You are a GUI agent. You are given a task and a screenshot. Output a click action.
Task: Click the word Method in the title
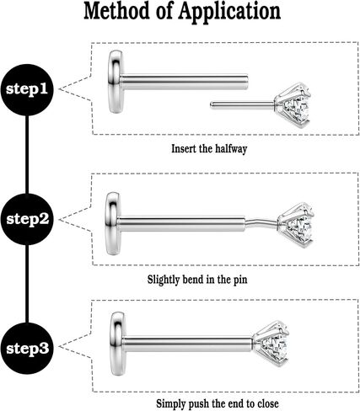[116, 11]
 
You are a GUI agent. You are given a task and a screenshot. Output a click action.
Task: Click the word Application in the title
[229, 12]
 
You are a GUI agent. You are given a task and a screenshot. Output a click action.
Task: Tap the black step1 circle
[27, 89]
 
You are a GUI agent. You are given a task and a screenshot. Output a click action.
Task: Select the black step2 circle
[27, 219]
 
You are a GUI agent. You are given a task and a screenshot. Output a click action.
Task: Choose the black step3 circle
[27, 349]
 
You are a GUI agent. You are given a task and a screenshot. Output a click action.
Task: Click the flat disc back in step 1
[116, 82]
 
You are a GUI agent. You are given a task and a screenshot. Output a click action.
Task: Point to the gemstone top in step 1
[293, 105]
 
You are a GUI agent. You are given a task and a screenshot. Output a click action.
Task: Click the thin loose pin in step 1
[242, 104]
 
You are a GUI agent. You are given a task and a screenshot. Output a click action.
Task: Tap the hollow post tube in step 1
[185, 82]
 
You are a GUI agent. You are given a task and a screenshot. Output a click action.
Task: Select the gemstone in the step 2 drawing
[296, 225]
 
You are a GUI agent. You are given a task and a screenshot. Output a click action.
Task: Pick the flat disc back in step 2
[113, 223]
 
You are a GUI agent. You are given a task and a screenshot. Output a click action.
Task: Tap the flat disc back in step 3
[117, 344]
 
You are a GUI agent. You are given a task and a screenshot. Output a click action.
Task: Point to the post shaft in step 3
[188, 344]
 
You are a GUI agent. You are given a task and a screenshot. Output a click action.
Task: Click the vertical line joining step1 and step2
[27, 154]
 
